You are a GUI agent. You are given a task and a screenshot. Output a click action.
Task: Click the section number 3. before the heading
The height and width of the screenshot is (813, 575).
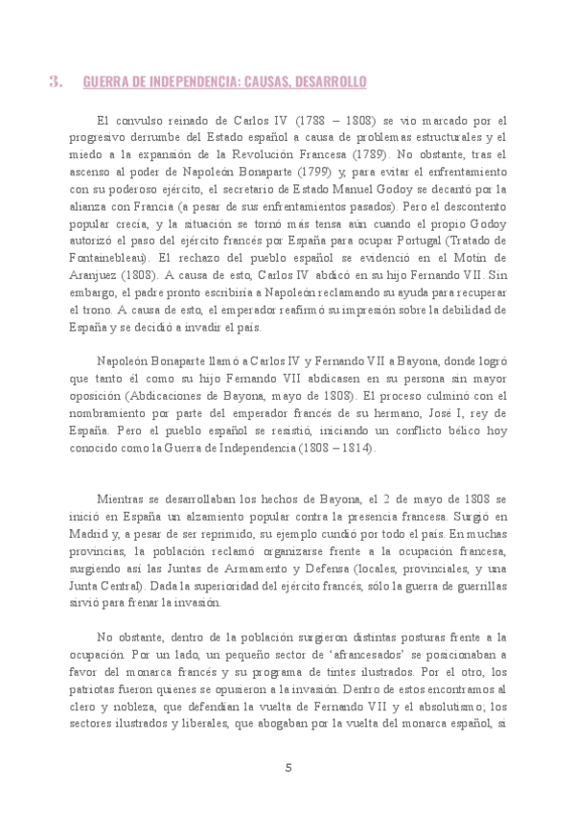(x=56, y=82)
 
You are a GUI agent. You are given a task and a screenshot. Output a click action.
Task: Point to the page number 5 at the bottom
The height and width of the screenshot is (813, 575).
(x=287, y=767)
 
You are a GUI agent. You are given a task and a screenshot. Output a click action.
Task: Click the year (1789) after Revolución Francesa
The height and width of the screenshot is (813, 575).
(x=368, y=152)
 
